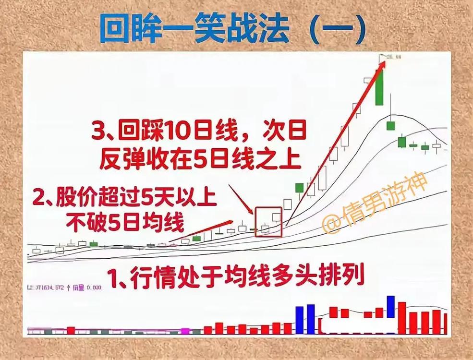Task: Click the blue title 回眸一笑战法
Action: click(194, 30)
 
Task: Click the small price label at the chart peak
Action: click(394, 57)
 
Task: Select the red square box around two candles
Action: click(268, 222)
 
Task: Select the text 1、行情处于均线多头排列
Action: click(235, 277)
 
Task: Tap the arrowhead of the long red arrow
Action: click(383, 62)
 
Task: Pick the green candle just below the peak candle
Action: click(390, 125)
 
